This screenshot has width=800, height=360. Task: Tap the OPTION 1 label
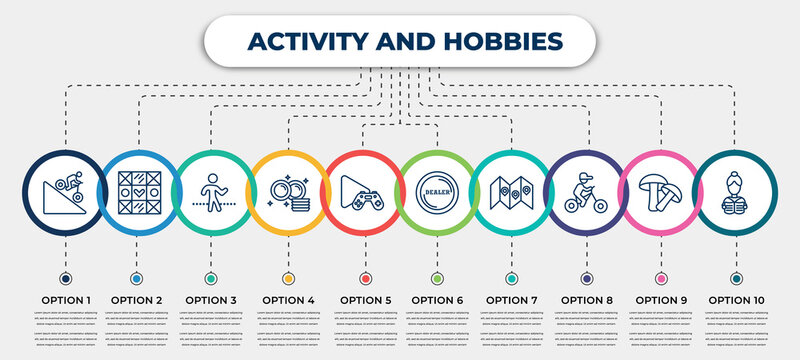65,299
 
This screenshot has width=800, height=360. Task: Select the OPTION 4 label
288,299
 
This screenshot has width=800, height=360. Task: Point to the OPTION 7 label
511,299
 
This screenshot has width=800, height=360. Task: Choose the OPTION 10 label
737,299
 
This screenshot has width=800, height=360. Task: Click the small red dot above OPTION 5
363,277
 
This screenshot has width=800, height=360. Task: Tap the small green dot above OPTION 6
436,277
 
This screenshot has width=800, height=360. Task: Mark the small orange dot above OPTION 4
288,277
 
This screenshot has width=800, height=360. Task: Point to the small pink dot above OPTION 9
660,277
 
